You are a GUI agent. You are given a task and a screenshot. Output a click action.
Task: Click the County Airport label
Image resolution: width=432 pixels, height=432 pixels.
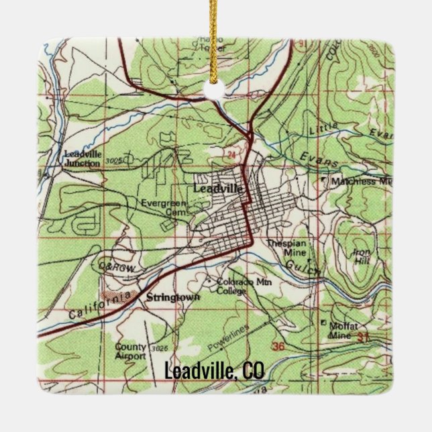tap(131, 352)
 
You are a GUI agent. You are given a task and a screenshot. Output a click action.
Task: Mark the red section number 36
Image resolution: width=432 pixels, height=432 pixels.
tap(280, 345)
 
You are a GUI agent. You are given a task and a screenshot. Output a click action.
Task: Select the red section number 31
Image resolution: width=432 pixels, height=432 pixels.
tap(382, 335)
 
